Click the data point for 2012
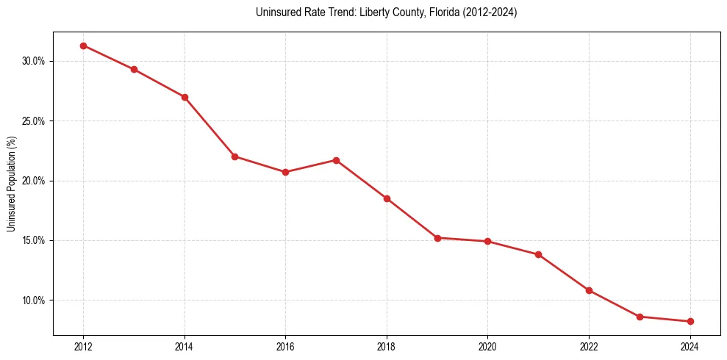(83, 46)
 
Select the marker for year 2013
(134, 69)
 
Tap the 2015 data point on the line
(234, 156)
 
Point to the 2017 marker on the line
(336, 160)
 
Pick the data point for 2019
(437, 238)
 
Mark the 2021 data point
(538, 254)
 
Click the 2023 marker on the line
(640, 317)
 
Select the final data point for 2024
(690, 321)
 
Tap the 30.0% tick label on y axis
(34, 61)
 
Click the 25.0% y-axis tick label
(34, 121)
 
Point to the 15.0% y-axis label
(34, 241)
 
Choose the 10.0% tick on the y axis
(34, 300)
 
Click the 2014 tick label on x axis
(185, 346)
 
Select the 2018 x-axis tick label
(387, 346)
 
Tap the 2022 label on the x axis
(589, 346)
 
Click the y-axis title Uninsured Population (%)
(12, 184)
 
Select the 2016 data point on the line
(285, 172)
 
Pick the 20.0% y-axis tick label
(34, 181)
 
